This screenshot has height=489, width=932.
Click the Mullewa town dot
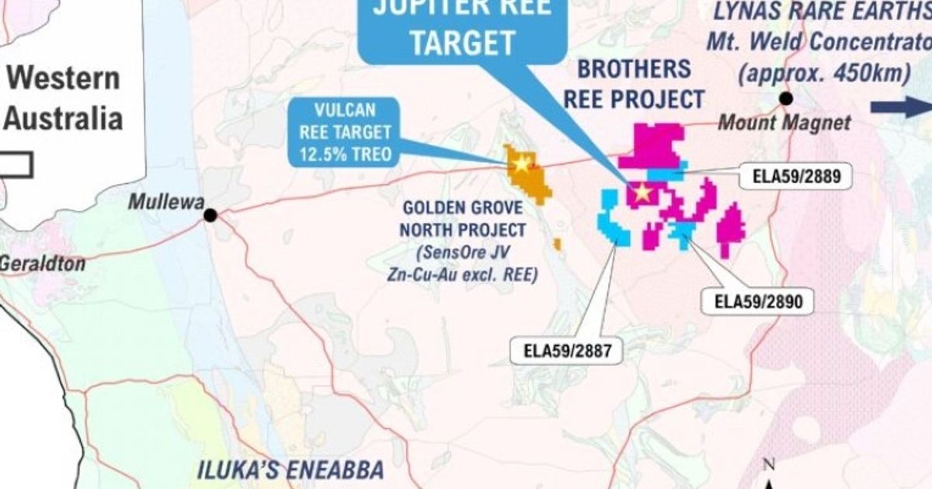click(x=210, y=215)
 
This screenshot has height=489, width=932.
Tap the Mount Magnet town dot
click(x=786, y=99)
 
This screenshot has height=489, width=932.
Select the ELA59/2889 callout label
click(x=796, y=176)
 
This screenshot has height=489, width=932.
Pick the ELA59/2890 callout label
click(x=757, y=302)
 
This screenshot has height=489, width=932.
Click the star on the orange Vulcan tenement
click(x=522, y=164)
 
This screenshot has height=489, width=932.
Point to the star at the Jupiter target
click(x=643, y=193)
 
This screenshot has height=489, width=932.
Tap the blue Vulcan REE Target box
click(x=343, y=132)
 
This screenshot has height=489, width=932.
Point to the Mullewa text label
click(x=165, y=202)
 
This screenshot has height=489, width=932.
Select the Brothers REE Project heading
click(x=633, y=84)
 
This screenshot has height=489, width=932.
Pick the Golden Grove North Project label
click(x=463, y=219)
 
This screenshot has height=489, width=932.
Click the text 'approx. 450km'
click(x=824, y=74)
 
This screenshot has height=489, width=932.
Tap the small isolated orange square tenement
click(x=557, y=244)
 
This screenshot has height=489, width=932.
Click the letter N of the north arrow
click(x=770, y=465)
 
